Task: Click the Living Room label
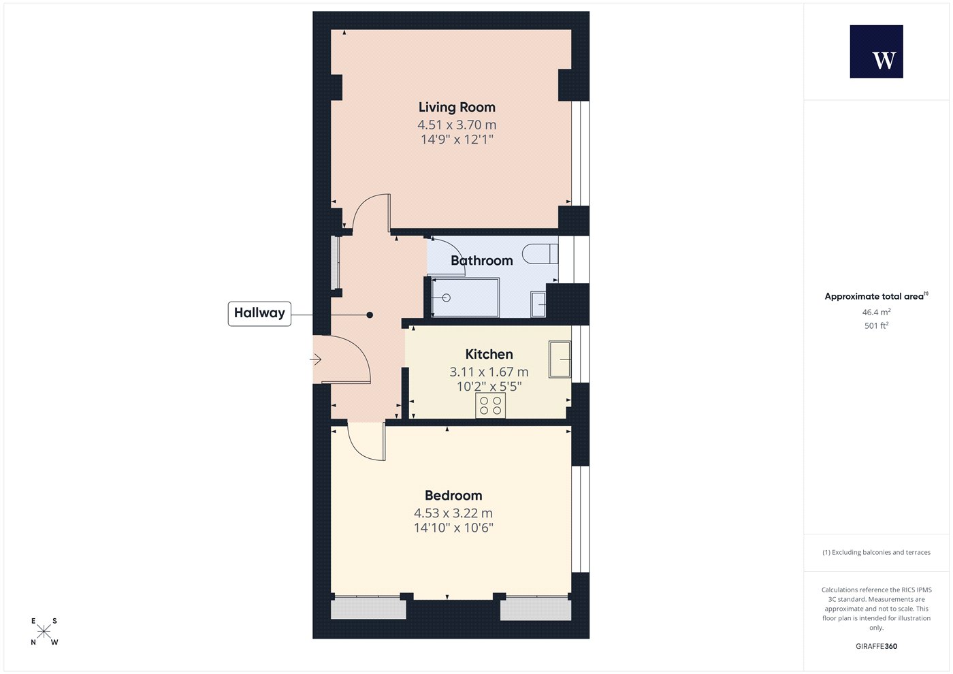click(x=457, y=108)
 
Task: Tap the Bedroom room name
click(x=453, y=496)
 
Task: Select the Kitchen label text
click(x=489, y=354)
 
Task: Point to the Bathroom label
click(x=482, y=260)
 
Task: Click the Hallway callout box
click(x=259, y=314)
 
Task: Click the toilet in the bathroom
click(x=540, y=253)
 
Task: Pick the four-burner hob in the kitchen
click(x=490, y=405)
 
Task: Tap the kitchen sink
click(x=560, y=359)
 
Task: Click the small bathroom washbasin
click(x=538, y=304)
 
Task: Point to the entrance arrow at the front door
click(x=315, y=359)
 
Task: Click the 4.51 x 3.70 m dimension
click(x=457, y=125)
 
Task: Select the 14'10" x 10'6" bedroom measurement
click(x=453, y=528)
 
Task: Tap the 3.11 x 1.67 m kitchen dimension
click(x=489, y=372)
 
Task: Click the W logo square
click(x=877, y=52)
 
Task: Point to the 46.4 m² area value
click(x=877, y=312)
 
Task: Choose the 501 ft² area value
click(x=877, y=325)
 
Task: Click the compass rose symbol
click(x=44, y=632)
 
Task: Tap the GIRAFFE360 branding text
click(x=877, y=646)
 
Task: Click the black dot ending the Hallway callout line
click(x=370, y=315)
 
